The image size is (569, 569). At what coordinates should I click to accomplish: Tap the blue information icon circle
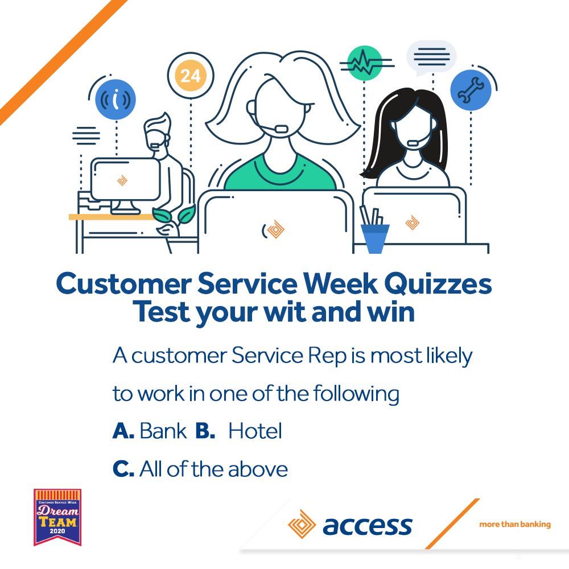(x=116, y=100)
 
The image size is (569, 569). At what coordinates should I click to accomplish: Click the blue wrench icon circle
(x=471, y=90)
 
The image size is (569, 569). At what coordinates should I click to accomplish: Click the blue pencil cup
(x=375, y=238)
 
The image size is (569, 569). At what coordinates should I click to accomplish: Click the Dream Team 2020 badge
(x=57, y=517)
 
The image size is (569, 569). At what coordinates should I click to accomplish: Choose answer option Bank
(x=163, y=431)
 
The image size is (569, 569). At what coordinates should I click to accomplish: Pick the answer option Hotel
(x=255, y=431)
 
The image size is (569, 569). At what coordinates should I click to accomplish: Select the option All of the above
(x=213, y=469)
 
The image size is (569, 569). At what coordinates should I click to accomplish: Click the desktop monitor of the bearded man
(x=126, y=180)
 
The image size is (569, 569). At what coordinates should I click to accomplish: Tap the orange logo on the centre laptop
(x=275, y=229)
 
